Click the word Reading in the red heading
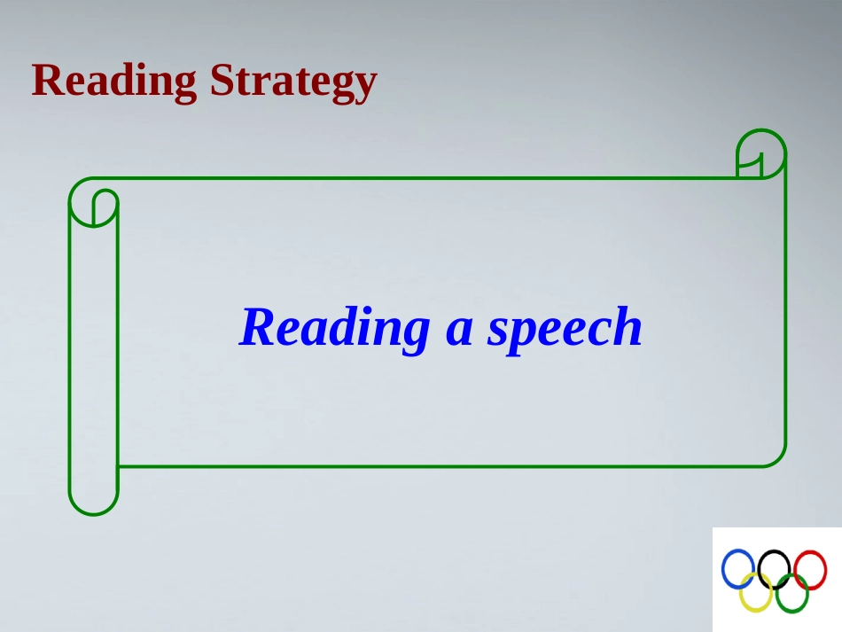coord(113,81)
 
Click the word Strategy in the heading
coord(293,81)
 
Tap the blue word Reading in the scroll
coord(334,329)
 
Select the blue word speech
coord(565,329)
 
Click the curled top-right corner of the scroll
coord(761,130)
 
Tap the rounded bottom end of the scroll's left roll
coord(93,514)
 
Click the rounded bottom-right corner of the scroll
coord(779,460)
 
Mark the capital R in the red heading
coord(48,80)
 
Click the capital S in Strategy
coord(222,80)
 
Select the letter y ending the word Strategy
coord(364,87)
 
